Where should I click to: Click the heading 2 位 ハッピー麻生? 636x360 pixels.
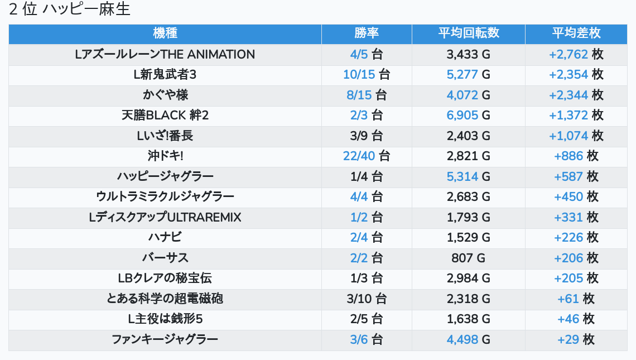pos(70,10)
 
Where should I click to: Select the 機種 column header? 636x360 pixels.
pos(165,33)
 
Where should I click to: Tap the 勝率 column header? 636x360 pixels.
pos(367,33)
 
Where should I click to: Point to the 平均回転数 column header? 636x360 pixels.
pos(468,33)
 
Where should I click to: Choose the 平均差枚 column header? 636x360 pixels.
pos(576,33)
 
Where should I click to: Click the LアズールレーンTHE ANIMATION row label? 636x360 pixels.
pos(165,55)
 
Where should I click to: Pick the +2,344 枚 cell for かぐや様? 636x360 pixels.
pos(576,95)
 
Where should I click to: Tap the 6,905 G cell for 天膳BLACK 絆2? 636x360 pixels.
pos(468,116)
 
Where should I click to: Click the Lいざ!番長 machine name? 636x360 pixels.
pos(165,136)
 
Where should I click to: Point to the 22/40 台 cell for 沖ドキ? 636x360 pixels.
pos(366,156)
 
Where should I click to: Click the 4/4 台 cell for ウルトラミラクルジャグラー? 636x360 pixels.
pos(366,197)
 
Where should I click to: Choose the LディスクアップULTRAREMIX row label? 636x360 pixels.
pos(165,217)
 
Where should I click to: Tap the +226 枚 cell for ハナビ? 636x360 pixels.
pos(576,238)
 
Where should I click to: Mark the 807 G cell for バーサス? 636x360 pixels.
pos(468,258)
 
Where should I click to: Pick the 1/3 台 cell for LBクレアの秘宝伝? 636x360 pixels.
pos(366,279)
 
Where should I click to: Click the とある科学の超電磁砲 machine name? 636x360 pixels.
pos(165,299)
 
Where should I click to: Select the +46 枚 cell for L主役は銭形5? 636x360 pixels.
pos(576,319)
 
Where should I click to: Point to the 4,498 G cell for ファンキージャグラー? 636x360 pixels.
pos(468,339)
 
